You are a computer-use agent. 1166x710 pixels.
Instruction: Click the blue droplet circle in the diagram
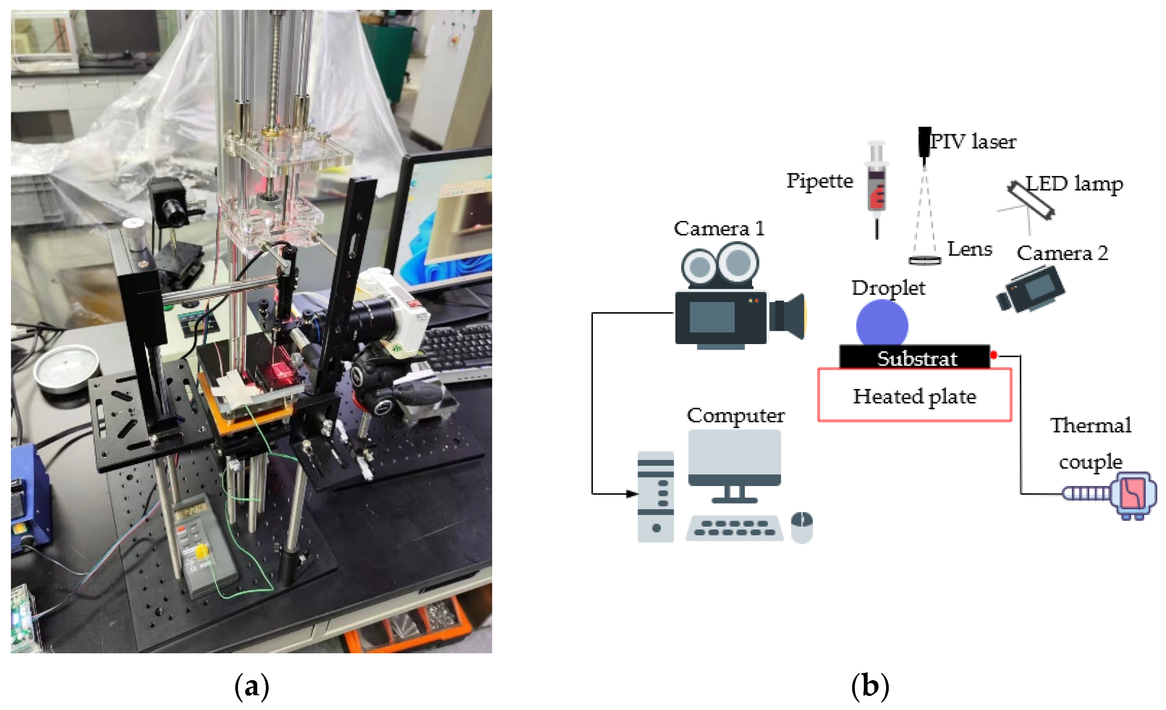pyautogui.click(x=882, y=324)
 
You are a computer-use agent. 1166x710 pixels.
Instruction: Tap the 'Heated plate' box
pyautogui.click(x=914, y=395)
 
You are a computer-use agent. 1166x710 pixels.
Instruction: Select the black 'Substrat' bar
pyautogui.click(x=914, y=358)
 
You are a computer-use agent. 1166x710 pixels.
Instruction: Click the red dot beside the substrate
pyautogui.click(x=993, y=355)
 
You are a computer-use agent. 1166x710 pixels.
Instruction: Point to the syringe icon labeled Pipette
pyautogui.click(x=876, y=187)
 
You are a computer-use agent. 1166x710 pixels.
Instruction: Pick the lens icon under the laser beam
pyautogui.click(x=924, y=260)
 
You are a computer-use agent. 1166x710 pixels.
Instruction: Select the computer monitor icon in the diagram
pyautogui.click(x=734, y=464)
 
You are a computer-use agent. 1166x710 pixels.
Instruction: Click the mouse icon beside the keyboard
pyautogui.click(x=802, y=527)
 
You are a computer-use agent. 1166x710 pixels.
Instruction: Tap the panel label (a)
pyautogui.click(x=251, y=686)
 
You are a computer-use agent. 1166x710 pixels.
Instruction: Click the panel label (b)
pyautogui.click(x=870, y=686)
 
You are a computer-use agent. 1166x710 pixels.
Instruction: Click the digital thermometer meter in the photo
pyautogui.click(x=204, y=542)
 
